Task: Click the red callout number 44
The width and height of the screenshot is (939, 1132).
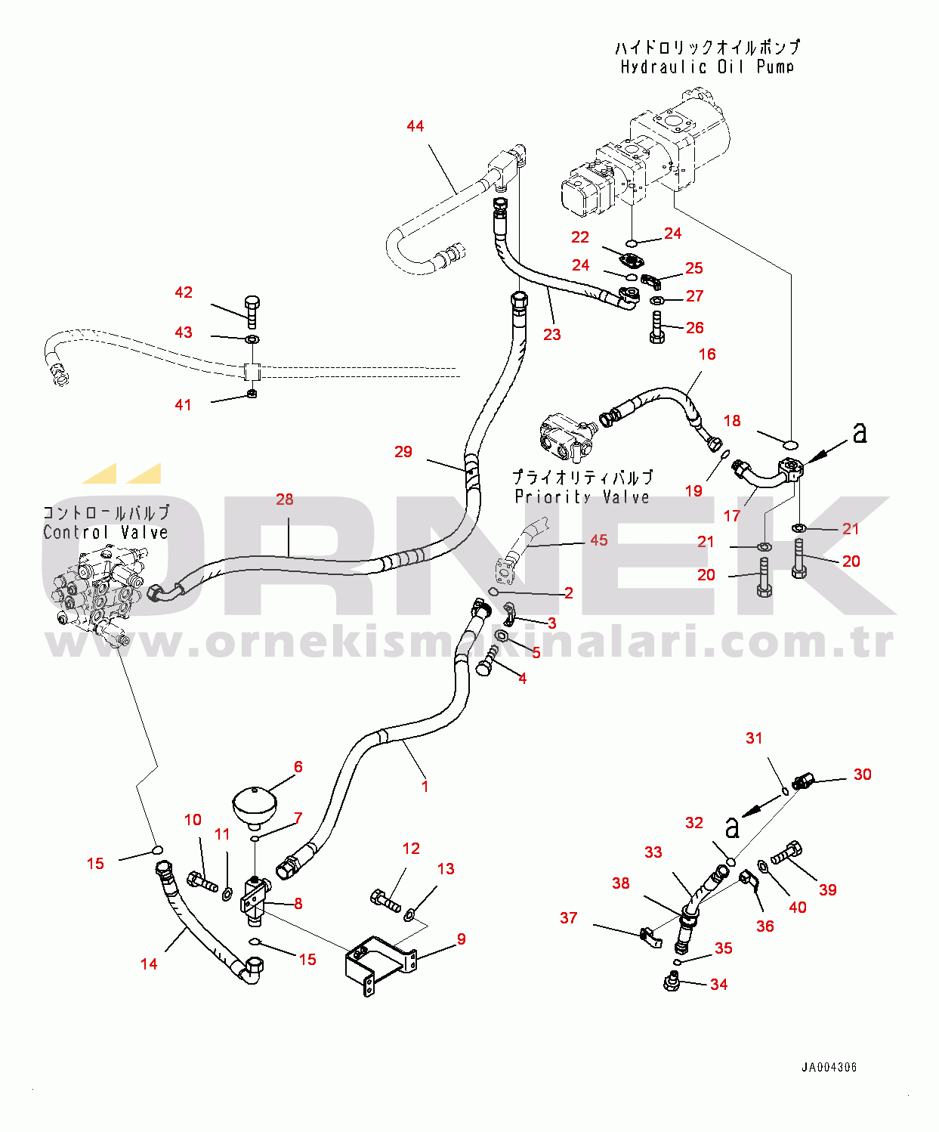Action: click(415, 126)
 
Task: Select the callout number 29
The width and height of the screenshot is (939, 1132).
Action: click(403, 452)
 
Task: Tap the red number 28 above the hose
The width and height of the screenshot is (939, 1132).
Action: click(285, 500)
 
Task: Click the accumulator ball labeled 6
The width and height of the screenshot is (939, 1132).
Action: click(253, 805)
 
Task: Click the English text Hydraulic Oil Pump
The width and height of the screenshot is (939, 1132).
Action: click(707, 67)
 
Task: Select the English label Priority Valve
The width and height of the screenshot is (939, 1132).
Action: click(582, 497)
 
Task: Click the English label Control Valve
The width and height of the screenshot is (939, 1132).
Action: click(105, 533)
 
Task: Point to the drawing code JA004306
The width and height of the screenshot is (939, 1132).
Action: click(829, 1068)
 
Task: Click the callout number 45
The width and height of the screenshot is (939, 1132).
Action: click(598, 540)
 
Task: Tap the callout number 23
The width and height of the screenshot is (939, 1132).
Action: click(552, 335)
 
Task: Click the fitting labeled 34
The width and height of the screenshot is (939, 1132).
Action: click(671, 982)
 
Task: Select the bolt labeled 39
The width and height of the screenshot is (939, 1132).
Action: click(786, 855)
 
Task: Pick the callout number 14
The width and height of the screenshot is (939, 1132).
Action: click(149, 964)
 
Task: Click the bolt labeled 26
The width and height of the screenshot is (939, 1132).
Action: click(656, 326)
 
